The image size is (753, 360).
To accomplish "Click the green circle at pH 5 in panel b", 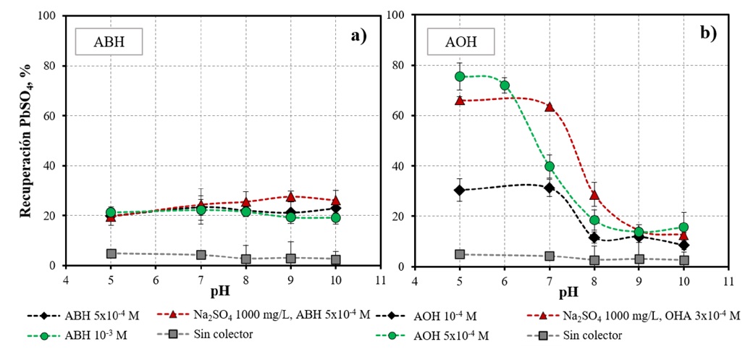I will pos(459,77).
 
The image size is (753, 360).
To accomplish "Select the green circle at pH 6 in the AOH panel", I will pos(505,85).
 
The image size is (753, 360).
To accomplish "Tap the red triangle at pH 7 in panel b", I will pos(550,106).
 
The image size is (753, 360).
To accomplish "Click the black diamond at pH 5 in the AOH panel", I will pos(459,190).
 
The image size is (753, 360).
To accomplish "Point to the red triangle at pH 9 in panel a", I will pos(290,196).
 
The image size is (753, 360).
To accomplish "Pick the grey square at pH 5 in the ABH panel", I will pos(111,254).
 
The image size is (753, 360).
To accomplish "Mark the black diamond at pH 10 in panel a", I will pos(335,209).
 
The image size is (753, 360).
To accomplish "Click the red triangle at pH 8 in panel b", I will pos(594,195).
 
